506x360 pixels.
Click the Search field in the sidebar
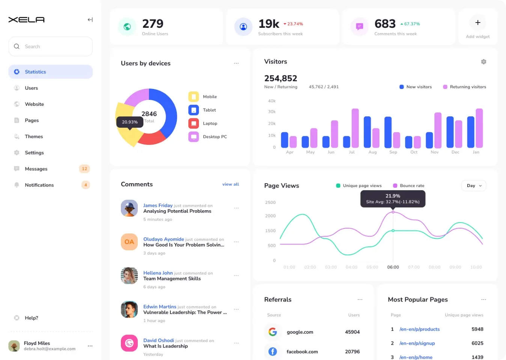coord(51,47)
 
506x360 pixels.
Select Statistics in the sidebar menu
coord(35,72)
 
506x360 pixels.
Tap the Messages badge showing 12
coord(84,169)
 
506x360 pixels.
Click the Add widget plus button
coord(477,23)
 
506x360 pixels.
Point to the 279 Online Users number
coord(153,24)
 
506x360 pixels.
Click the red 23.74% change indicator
coord(293,24)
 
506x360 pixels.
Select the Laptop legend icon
coord(194,123)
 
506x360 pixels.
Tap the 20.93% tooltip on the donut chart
coord(130,122)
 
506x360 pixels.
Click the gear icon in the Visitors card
coord(483,62)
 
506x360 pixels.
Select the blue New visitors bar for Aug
coord(367,132)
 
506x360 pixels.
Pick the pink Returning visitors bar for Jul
coord(355,128)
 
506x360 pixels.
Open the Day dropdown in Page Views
coord(474,186)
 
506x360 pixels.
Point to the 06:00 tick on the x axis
coord(393,267)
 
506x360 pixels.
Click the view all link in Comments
coord(230,184)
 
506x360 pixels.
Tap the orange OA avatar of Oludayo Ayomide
coord(129,242)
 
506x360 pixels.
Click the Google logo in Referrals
coord(273,332)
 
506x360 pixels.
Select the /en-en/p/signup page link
coord(417,343)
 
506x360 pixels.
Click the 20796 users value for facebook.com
coord(352,352)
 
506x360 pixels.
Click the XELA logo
coord(27,20)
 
